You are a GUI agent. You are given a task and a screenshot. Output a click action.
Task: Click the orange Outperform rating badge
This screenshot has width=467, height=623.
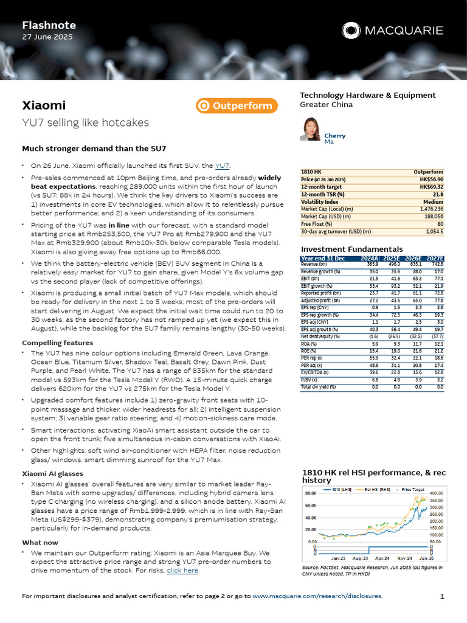coord(237,106)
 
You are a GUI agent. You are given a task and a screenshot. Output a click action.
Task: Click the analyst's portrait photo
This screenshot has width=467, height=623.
coord(310,129)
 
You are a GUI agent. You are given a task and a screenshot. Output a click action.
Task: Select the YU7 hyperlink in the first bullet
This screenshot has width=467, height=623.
coord(223,165)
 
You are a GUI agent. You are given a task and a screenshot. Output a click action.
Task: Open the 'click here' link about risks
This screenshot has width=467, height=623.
coord(182,571)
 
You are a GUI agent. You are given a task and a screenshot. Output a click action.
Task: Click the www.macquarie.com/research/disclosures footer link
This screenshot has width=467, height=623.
coord(317,596)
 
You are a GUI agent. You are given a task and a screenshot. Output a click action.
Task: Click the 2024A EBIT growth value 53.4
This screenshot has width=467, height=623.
coord(371,285)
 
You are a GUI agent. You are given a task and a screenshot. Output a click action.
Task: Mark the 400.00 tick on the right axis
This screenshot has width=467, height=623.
coord(437,493)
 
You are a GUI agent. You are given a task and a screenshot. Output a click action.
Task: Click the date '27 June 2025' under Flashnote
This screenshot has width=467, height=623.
coord(47,37)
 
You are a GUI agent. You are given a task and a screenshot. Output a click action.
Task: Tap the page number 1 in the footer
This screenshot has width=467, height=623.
coord(442,596)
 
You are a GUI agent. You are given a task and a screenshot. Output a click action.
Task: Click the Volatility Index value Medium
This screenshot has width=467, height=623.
coord(434,201)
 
